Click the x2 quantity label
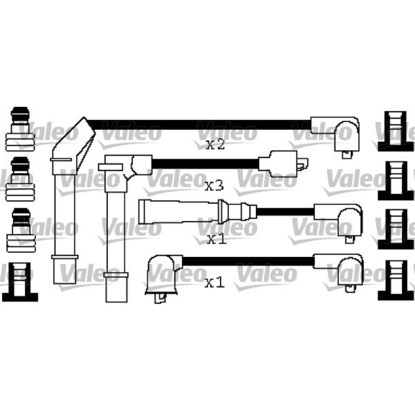point(215,145)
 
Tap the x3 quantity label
point(214,186)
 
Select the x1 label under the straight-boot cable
point(217,239)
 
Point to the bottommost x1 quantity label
point(215,283)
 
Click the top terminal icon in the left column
point(20,129)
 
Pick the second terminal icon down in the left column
point(20,179)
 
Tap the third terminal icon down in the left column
point(21,230)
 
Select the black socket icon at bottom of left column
point(20,282)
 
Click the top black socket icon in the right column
point(395,131)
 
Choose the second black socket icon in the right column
point(395,181)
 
